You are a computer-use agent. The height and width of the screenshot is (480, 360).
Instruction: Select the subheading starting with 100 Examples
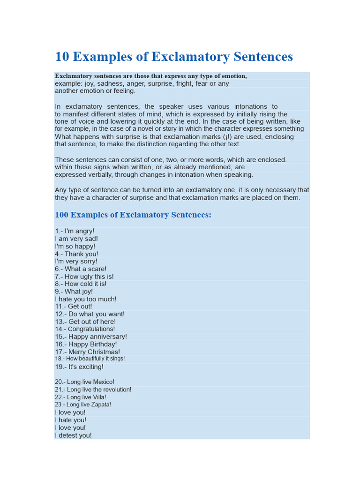pos(133,215)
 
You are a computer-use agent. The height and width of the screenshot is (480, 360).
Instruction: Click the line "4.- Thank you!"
pos(76,254)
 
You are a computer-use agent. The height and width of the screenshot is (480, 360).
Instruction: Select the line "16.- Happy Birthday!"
pos(86,344)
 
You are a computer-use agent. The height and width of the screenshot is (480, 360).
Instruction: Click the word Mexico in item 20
pos(104,382)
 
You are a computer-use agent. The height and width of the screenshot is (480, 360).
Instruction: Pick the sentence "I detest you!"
pos(73,435)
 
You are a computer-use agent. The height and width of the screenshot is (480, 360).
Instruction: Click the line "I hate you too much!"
pos(86,299)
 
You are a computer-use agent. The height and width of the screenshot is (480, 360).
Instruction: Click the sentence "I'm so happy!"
pos(75,247)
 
